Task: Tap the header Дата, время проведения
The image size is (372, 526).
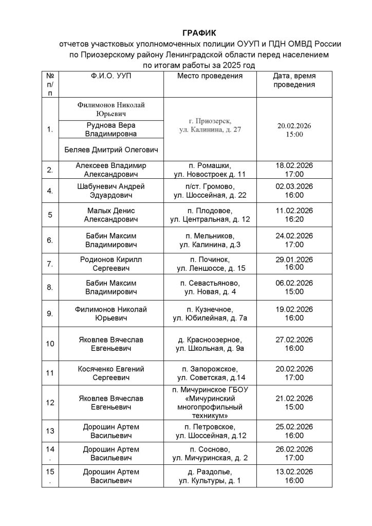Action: [x=294, y=80]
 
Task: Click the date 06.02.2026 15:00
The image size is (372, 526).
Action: [x=294, y=288]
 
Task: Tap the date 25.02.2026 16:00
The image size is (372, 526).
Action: [x=294, y=431]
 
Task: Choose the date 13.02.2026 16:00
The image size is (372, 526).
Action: [x=294, y=476]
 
